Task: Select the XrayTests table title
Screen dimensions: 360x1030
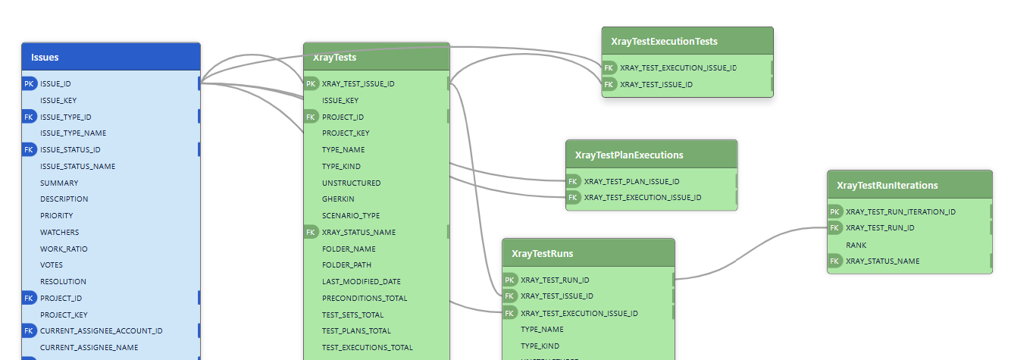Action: tap(334, 57)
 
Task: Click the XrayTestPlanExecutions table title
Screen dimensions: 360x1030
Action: tap(629, 155)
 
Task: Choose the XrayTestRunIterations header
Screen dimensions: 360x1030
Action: tap(888, 185)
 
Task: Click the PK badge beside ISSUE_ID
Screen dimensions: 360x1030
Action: tap(29, 83)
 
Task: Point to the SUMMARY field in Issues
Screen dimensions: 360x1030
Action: tap(59, 183)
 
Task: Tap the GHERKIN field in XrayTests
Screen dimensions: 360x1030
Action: tap(337, 199)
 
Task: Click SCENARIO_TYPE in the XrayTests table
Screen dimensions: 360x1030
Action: tap(350, 215)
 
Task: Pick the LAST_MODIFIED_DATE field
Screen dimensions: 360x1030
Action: tap(361, 281)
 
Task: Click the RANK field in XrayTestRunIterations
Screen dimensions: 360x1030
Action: tap(856, 245)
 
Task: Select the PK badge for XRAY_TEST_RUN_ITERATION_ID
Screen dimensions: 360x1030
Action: tap(834, 211)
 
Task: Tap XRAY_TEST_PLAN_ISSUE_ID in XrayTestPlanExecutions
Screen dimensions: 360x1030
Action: tap(631, 181)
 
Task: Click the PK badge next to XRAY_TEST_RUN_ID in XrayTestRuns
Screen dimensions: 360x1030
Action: tap(510, 280)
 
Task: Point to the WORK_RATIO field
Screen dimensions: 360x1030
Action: tap(64, 249)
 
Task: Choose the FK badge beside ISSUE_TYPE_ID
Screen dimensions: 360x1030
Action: tap(29, 117)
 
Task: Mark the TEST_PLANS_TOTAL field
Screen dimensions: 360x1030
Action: tap(356, 330)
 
